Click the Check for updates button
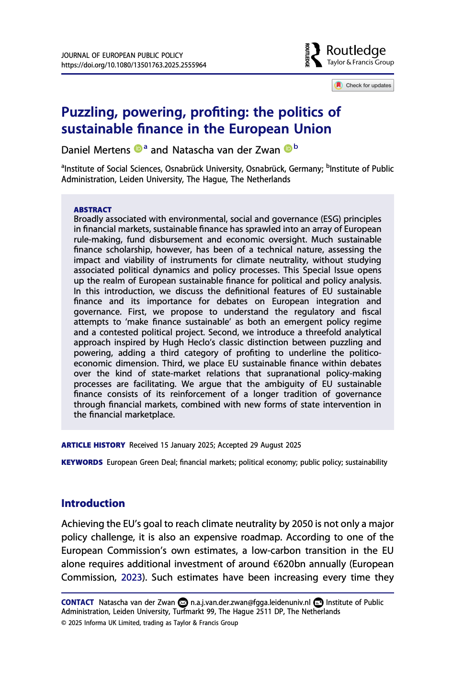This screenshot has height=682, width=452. coord(363,86)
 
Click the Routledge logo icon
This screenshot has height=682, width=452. coord(314,55)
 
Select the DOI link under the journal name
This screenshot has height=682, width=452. coord(134,65)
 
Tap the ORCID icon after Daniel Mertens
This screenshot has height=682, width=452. coord(138,149)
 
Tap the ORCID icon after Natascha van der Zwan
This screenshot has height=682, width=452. coord(288,149)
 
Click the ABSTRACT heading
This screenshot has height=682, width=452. coord(92,209)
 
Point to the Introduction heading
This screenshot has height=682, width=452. coord(93,503)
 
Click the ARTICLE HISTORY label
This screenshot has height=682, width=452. coord(93,445)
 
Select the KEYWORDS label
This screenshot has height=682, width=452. coord(82,462)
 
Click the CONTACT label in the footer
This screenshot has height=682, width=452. coord(78,603)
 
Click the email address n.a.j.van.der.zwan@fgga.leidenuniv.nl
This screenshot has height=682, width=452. coord(250,603)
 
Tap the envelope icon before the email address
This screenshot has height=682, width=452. coord(183,603)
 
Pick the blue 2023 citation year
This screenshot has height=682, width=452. coord(131,577)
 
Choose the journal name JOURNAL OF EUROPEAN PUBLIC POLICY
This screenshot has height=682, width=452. coord(122,55)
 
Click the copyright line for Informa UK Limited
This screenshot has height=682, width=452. coord(149,623)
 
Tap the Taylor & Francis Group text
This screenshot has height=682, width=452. coord(360,63)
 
